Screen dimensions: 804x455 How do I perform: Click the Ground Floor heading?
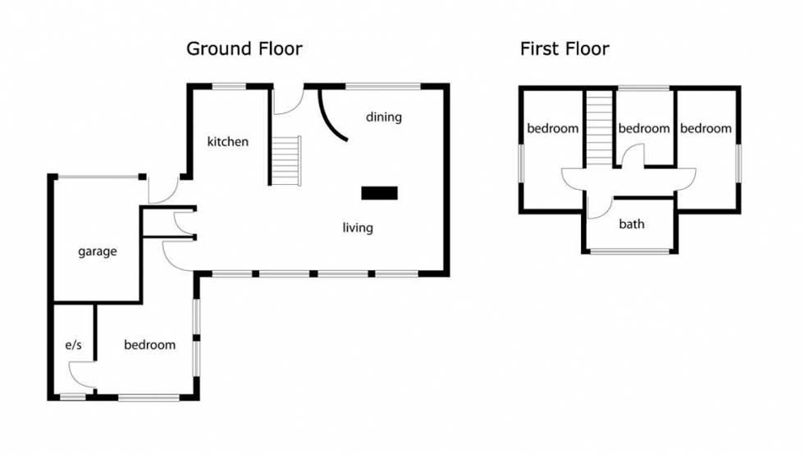[x=244, y=48]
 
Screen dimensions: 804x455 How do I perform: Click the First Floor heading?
[x=564, y=48]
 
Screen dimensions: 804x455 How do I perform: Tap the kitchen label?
[x=228, y=141]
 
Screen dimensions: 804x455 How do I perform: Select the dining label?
[x=384, y=117]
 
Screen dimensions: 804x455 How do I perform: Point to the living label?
[x=358, y=227]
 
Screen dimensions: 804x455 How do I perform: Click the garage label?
[x=98, y=251]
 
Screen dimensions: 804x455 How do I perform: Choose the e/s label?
[x=73, y=345]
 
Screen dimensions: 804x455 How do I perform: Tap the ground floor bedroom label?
[x=149, y=344]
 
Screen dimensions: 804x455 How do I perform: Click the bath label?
[x=632, y=224]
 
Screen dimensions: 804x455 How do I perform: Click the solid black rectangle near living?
[x=379, y=192]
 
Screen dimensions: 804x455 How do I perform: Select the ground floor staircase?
[x=286, y=160]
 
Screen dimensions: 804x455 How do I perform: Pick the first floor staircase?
[x=599, y=128]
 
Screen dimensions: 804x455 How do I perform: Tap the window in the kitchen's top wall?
[x=229, y=86]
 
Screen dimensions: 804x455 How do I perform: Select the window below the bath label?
[x=630, y=251]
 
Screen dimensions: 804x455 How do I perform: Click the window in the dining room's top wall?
[x=383, y=86]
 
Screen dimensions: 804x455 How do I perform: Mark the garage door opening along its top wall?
[x=98, y=177]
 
